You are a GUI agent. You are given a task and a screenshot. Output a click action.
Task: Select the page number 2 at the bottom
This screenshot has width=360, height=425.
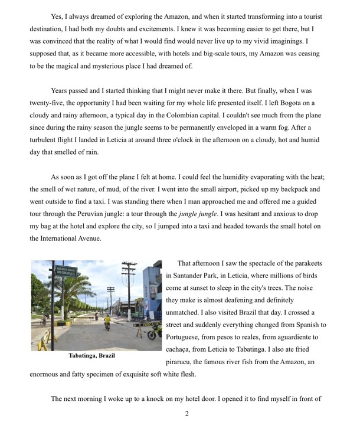pos(186,413)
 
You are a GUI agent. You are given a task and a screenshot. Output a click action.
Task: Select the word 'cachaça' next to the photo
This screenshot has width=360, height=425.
pos(182,349)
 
